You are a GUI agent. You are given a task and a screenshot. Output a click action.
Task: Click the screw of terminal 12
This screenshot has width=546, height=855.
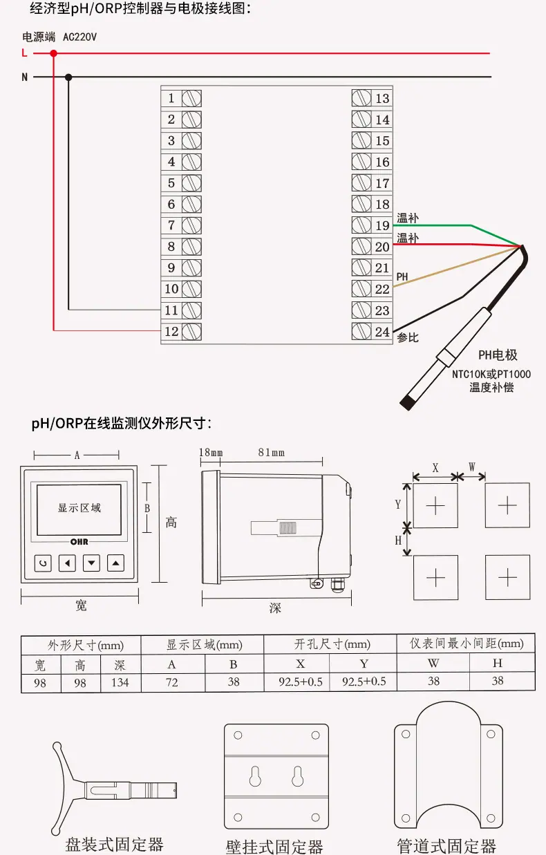[191, 331]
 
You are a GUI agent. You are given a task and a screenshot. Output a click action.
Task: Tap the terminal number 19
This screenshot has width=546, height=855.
[382, 225]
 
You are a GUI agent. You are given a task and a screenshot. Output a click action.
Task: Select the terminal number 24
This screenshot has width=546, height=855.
[382, 332]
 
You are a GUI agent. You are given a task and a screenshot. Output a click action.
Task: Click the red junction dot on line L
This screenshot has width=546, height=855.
[54, 53]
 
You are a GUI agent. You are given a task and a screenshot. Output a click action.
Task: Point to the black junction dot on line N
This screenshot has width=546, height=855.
[68, 77]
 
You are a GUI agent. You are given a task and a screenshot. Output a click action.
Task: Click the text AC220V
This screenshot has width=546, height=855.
[79, 37]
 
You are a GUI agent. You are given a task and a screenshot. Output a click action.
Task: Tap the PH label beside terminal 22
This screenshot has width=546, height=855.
[402, 276]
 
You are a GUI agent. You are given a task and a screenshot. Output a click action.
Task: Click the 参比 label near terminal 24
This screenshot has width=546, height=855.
[408, 337]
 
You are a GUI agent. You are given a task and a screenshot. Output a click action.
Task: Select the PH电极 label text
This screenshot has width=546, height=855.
[498, 355]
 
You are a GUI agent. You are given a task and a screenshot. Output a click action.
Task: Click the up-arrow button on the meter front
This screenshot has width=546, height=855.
[115, 563]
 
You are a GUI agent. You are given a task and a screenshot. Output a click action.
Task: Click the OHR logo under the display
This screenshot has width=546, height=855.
[79, 542]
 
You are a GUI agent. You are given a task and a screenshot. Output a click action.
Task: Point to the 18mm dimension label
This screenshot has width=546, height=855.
[211, 453]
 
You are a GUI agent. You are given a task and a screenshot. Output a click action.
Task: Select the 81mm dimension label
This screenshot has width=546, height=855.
[272, 453]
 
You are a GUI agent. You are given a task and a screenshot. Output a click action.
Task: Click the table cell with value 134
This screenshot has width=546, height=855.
[120, 682]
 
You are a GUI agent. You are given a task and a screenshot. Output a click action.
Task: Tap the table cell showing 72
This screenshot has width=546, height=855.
[172, 682]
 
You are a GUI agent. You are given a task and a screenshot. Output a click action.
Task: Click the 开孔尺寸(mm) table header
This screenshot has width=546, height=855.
[332, 644]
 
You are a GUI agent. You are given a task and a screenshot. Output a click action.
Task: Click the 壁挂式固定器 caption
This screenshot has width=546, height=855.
[274, 847]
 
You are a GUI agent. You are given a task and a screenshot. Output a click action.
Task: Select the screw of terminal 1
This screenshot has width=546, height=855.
[191, 98]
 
